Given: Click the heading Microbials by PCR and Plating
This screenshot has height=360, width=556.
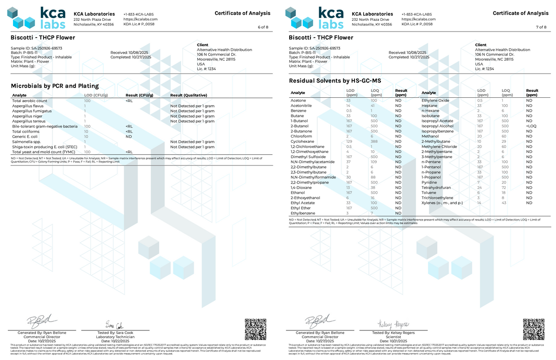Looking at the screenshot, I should (55, 86).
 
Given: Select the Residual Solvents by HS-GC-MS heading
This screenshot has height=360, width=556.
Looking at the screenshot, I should (335, 81).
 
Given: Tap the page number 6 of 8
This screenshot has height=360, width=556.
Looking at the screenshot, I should (263, 27).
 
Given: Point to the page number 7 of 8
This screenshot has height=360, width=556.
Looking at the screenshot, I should (541, 27).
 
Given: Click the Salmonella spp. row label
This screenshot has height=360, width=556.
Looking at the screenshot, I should (25, 142).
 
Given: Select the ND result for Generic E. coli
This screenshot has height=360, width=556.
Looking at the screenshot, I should (129, 137).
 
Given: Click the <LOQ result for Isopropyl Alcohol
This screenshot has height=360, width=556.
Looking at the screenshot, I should (531, 126).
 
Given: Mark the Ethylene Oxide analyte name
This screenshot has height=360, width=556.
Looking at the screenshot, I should (436, 101).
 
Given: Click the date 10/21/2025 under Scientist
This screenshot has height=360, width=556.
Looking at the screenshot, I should (390, 341).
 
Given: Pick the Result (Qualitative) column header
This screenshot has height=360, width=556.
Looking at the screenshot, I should (189, 95).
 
